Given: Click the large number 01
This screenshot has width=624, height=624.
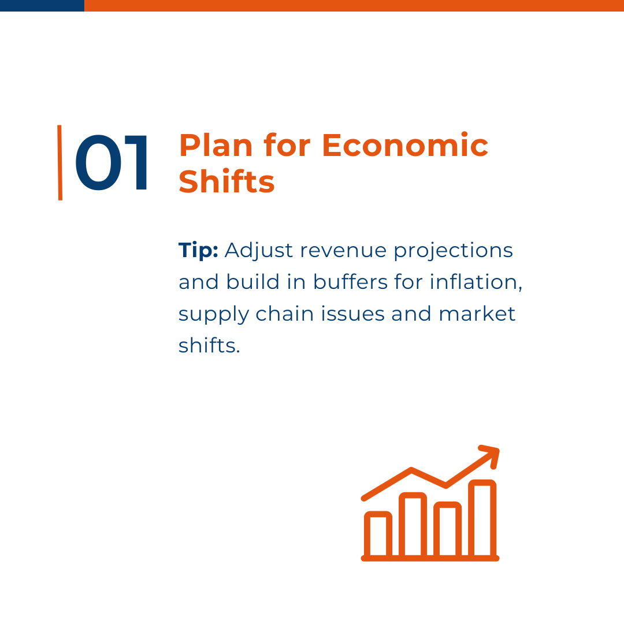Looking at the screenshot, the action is coord(111,163).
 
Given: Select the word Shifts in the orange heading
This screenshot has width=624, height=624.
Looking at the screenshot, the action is coord(226,181).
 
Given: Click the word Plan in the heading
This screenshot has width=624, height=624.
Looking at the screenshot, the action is coord(216,145).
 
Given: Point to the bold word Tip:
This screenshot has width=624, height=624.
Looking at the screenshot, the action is coord(198,251).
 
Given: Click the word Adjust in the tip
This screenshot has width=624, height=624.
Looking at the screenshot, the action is coord(259,251).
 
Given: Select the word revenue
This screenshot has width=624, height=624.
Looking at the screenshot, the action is coord(343,251).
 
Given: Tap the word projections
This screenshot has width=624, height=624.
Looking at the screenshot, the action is coord(454,251).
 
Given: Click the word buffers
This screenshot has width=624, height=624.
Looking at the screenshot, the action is coord(350,282).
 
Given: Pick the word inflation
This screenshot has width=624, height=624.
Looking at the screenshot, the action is coord(476,282).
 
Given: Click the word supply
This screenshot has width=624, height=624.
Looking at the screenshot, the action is coord(213,314).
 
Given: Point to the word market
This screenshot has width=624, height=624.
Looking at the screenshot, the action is coord(477,314).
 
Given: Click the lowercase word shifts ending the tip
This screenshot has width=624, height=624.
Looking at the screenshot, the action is coord(209,345).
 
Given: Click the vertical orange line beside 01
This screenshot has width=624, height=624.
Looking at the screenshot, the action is coord(60,162).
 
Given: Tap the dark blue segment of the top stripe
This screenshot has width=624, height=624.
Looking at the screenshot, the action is coord(42,6).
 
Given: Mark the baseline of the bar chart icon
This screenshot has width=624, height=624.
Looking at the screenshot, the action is coord(430,558).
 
